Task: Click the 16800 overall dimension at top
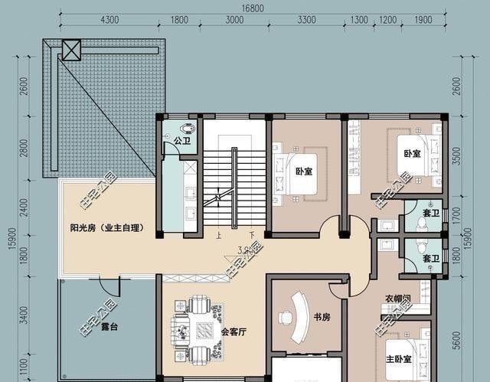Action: click(x=246, y=8)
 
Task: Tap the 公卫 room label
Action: click(x=181, y=141)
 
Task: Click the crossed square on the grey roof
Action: click(x=70, y=52)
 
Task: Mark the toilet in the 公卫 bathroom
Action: click(x=186, y=129)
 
